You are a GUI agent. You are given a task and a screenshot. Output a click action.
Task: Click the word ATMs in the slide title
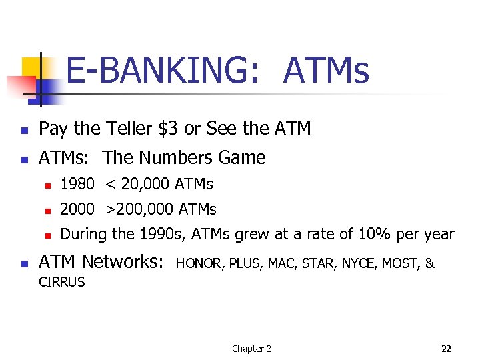[325, 71]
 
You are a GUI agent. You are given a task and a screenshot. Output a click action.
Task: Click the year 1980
[77, 184]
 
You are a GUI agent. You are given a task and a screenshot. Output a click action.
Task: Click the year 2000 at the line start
[77, 209]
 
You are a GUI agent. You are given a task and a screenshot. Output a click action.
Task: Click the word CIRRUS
[62, 282]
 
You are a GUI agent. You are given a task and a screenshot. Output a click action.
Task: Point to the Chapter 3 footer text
[251, 349]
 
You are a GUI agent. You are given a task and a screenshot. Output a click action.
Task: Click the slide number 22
[446, 349]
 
